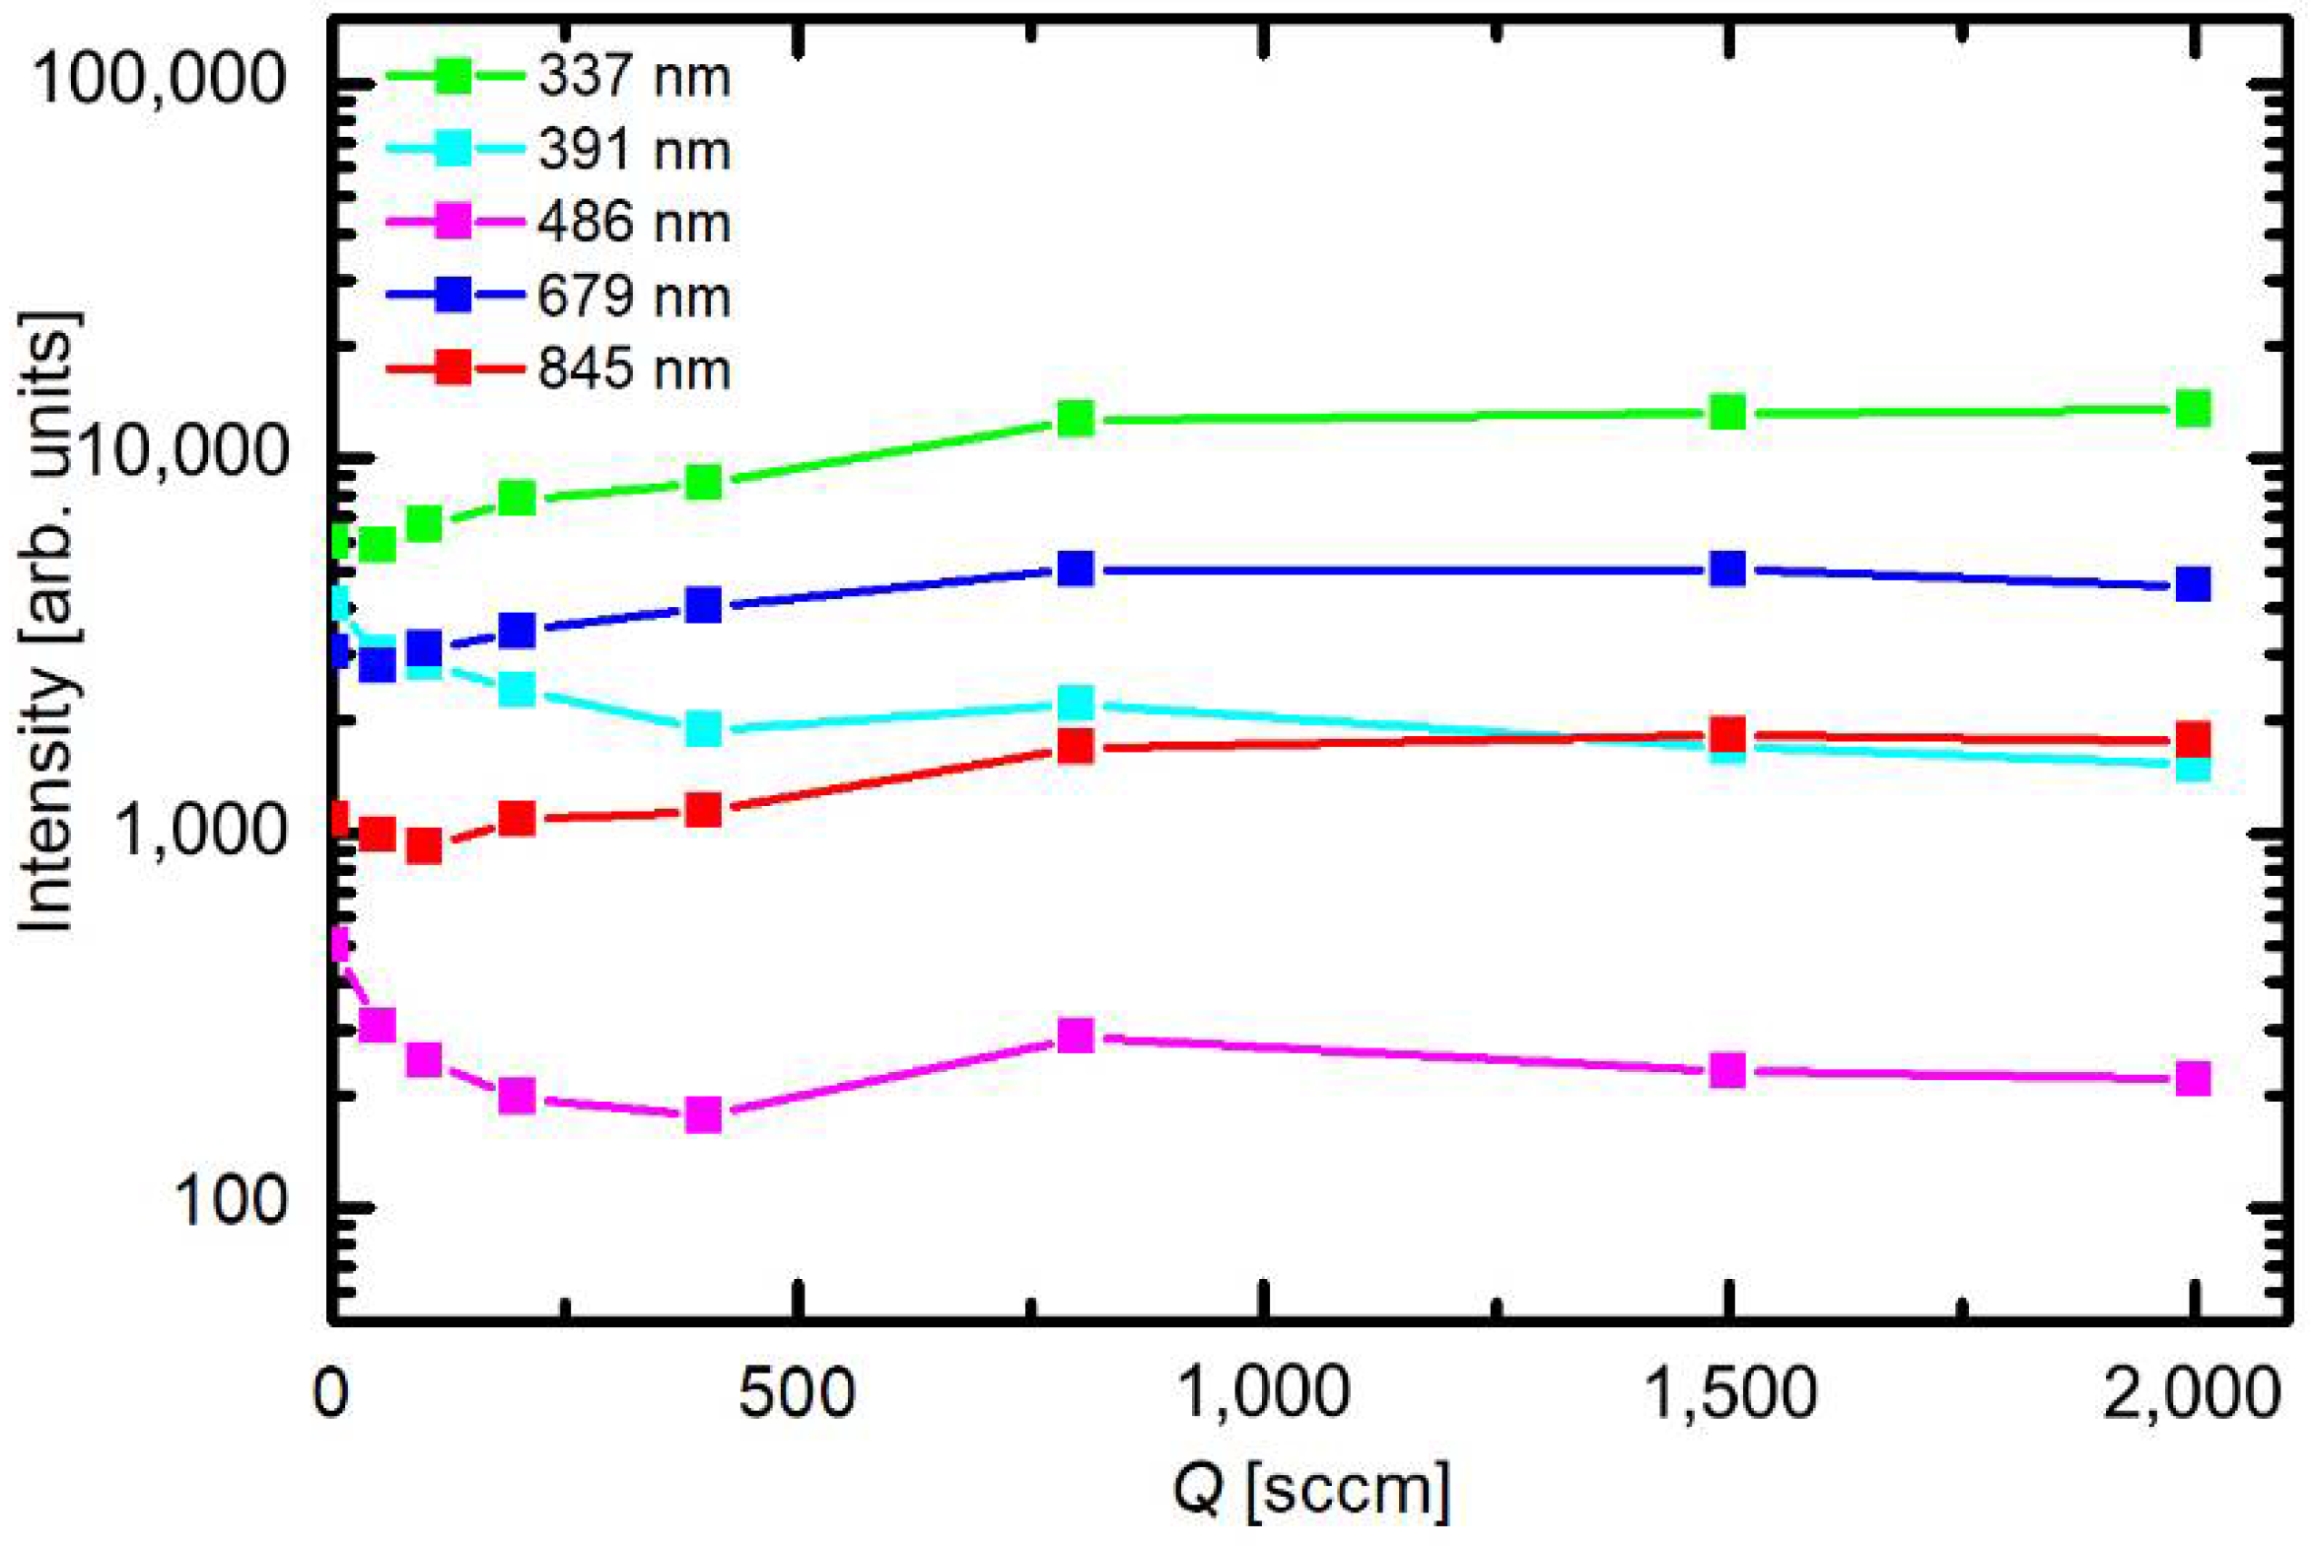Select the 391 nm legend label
click(634, 151)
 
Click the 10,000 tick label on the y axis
click(182, 454)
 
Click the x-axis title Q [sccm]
click(1311, 1490)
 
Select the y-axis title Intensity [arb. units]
click(46, 621)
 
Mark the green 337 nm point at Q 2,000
click(2192, 408)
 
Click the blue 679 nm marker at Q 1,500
click(1727, 569)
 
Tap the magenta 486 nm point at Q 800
click(1075, 1036)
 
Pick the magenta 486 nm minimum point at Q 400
click(703, 1115)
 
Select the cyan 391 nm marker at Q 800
click(1075, 703)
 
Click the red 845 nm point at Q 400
click(703, 811)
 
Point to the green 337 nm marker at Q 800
click(1075, 418)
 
